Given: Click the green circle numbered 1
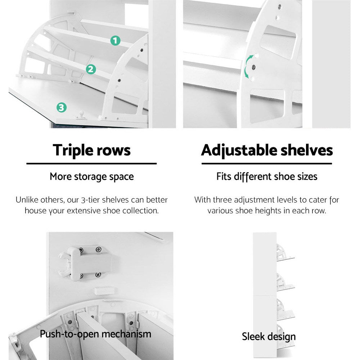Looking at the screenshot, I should (x=115, y=41).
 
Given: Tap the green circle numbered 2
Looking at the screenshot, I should (x=91, y=69).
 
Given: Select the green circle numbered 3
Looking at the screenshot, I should (x=61, y=107).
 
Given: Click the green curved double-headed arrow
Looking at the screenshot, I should (x=248, y=67).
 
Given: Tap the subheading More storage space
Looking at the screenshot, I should (x=91, y=177).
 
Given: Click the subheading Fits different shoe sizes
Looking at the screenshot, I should (x=267, y=177).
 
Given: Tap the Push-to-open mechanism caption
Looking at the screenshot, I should (x=95, y=334).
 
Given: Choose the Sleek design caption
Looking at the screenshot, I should (x=269, y=337).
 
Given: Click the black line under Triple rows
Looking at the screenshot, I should (x=91, y=163).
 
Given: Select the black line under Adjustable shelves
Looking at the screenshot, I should (x=267, y=163).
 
